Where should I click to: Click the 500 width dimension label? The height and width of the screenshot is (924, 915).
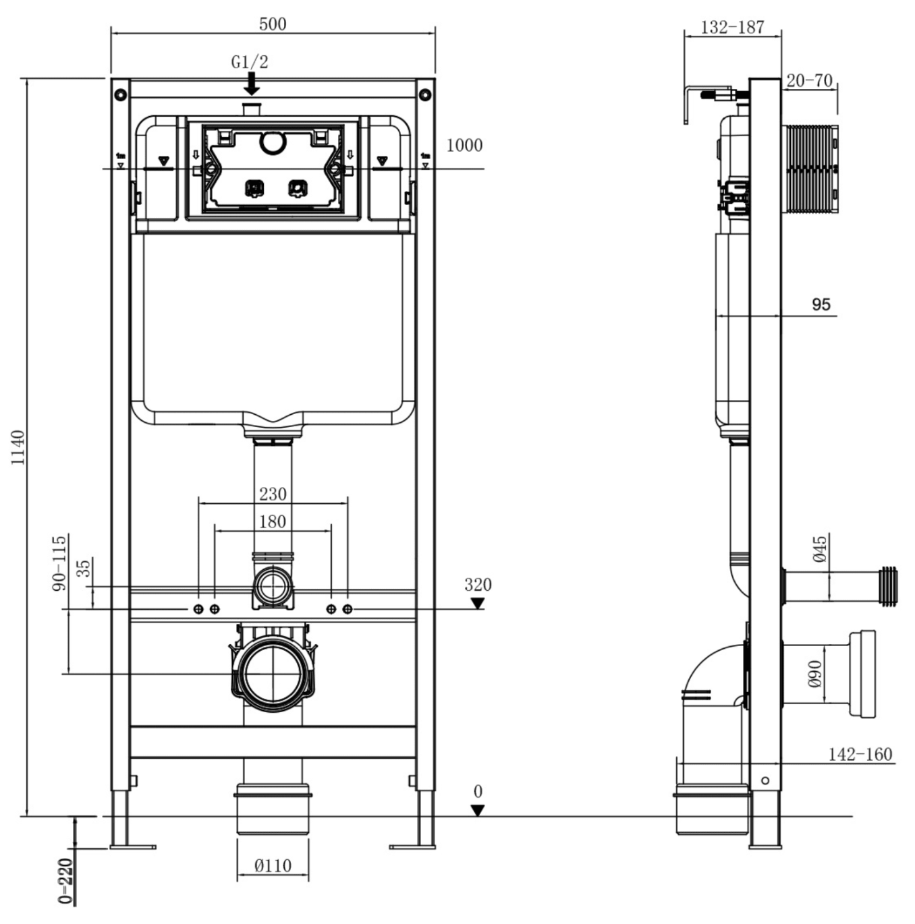(x=272, y=24)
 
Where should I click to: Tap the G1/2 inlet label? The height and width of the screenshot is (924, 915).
(x=249, y=62)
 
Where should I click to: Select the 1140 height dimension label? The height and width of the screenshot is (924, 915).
(x=18, y=447)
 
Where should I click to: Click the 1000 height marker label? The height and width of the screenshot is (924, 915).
(x=464, y=145)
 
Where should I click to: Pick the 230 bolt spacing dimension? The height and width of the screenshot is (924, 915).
(x=273, y=494)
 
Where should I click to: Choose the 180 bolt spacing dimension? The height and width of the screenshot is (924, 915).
(x=273, y=521)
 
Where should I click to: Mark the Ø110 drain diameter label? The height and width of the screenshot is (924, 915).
(x=273, y=865)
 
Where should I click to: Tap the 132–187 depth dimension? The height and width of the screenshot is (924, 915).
(x=731, y=28)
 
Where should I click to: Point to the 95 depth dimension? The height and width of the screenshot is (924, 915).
(x=821, y=304)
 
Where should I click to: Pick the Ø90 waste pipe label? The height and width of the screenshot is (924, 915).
(x=814, y=673)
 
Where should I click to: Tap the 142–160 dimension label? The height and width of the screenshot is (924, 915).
(x=860, y=755)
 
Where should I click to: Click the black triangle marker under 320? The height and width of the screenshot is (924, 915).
(x=477, y=603)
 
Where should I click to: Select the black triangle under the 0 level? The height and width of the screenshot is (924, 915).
(x=477, y=811)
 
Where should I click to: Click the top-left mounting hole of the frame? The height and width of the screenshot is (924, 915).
(x=120, y=94)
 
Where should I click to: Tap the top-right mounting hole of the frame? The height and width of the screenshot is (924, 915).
(x=424, y=94)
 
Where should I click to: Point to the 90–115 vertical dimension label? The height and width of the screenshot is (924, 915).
(x=59, y=563)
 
